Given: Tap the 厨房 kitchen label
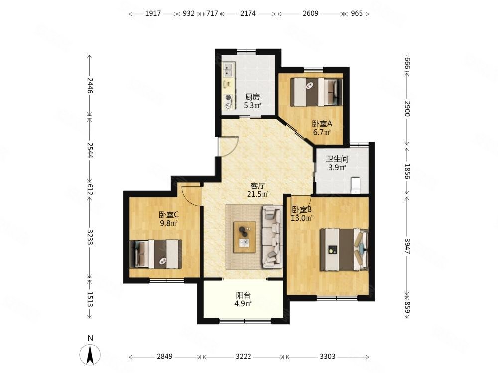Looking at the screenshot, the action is coord(252,97).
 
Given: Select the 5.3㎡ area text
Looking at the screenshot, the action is coord(252,105).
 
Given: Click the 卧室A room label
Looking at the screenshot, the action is coord(322,124).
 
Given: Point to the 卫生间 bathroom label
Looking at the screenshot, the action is coord(337,159).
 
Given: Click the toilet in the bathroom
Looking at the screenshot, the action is coord(356,185).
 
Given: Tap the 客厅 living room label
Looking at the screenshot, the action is coord(257,186).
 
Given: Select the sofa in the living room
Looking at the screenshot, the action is coord(272,236).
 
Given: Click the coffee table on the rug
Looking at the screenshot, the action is coord(245,237).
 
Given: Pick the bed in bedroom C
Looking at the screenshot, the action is coord(156,254).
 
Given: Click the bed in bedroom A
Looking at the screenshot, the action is coord(317,92).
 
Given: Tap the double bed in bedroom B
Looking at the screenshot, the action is coord(344,249).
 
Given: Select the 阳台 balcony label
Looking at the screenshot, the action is coord(244,295).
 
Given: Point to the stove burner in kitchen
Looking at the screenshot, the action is coord(228,97).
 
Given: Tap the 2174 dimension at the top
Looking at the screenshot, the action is coord(248,13).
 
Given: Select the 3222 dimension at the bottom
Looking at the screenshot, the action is coord(244,356).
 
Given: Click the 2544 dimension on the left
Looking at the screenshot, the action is coord(90,151).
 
